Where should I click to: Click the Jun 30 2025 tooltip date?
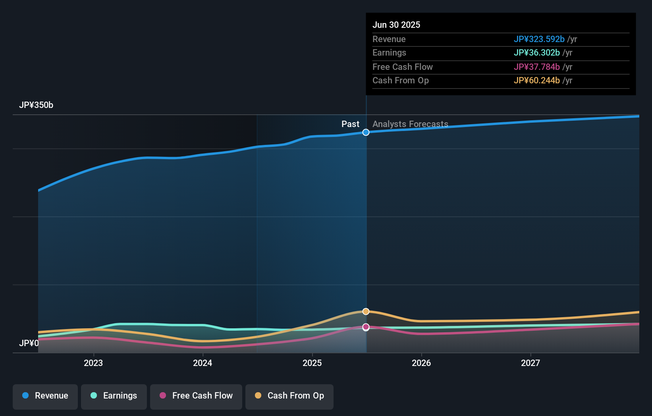coord(396,25)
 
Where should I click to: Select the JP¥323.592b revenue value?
coord(539,39)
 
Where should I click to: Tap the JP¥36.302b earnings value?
coord(536,52)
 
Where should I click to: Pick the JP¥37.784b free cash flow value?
coord(536,67)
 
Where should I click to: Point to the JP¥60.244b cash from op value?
coord(536,80)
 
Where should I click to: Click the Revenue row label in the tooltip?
coord(389,39)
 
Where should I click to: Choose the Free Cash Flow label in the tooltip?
coord(402,67)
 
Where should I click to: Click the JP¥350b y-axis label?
coord(36,105)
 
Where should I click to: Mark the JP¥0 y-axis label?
coord(29,343)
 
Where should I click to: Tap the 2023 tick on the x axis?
coord(93,363)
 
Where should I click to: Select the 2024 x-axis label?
coord(203,363)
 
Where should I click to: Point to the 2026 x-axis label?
coord(421,363)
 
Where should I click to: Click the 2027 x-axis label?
coord(530,363)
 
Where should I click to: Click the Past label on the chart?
coord(350,124)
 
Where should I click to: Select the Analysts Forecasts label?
coord(410,124)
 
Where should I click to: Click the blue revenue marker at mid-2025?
coord(366,132)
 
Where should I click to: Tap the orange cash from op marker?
coord(366,312)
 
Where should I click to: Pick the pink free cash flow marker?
coord(366,327)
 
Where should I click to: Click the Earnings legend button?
coord(114,396)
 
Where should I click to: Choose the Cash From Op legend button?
coord(289,396)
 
